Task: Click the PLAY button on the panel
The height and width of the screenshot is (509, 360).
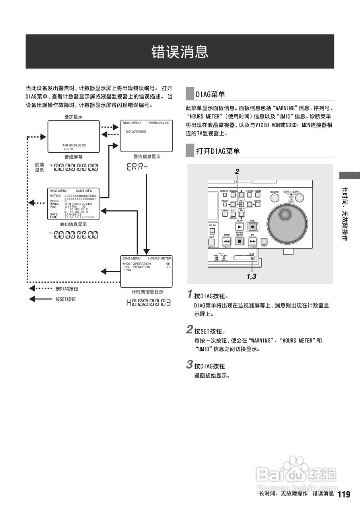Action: click(x=240, y=227)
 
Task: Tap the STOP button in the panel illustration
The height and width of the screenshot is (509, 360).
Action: click(x=239, y=241)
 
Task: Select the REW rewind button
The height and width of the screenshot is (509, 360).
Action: click(x=227, y=241)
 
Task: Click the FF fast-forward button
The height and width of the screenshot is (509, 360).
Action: click(x=252, y=241)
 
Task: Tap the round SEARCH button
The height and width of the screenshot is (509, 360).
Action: click(x=274, y=198)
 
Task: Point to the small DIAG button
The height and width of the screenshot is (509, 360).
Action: click(x=252, y=258)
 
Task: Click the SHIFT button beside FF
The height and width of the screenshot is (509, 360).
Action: click(x=264, y=241)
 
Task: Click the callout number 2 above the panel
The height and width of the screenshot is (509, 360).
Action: click(x=237, y=172)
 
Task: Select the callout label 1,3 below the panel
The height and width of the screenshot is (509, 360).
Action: click(x=251, y=276)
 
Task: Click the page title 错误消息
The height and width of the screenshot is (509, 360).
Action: click(x=180, y=52)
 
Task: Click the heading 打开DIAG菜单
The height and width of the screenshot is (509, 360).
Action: click(x=218, y=151)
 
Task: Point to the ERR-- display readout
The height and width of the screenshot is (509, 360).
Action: click(x=137, y=167)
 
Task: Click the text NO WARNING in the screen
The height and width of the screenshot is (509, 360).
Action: click(x=136, y=132)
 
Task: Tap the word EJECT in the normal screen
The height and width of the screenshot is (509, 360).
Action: click(x=69, y=149)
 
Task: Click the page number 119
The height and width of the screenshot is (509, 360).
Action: click(x=344, y=494)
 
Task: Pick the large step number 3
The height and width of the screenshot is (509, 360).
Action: click(x=190, y=364)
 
